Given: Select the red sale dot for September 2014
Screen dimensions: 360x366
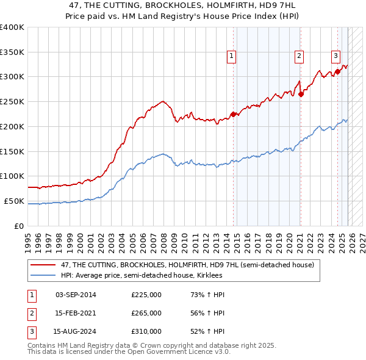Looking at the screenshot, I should pos(233,114).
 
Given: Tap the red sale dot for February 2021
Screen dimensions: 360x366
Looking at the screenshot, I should pos(301,94).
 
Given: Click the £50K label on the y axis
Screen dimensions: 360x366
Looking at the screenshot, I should pos(14,201).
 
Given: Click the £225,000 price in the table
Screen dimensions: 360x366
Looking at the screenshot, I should pos(146,295).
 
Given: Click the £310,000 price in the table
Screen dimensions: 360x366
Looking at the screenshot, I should pos(146,333).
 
